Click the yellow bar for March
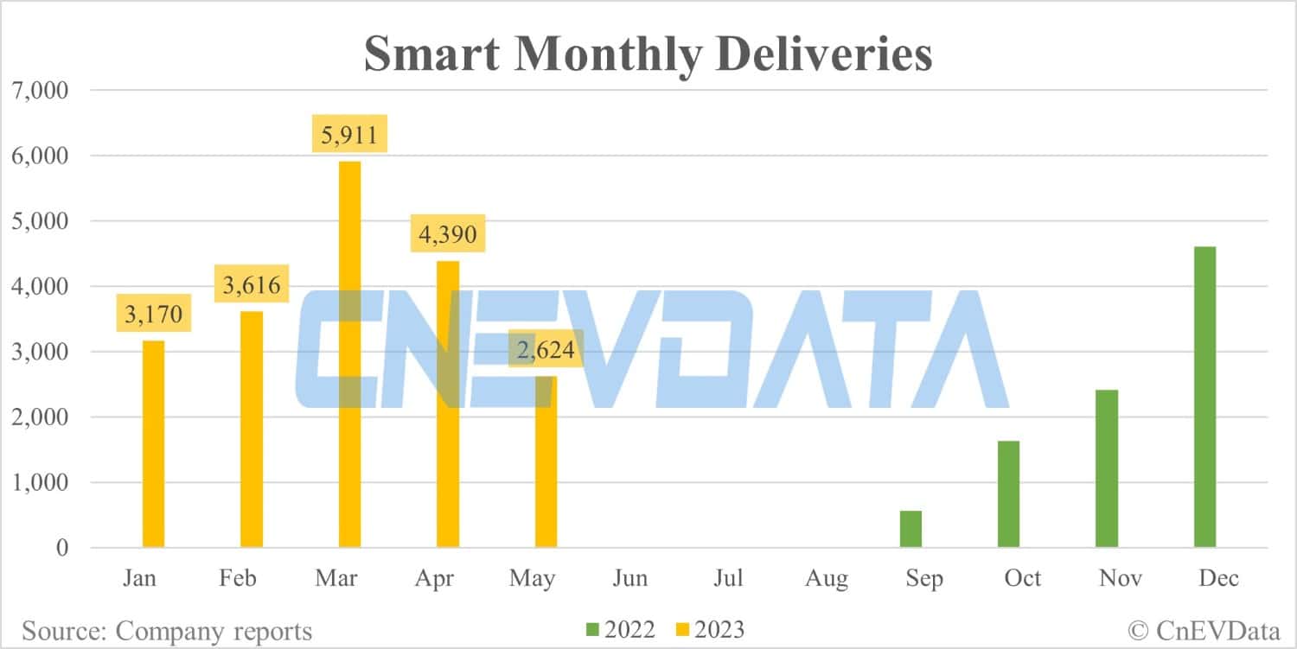click(349, 354)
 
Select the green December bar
click(1204, 398)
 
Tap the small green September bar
click(910, 529)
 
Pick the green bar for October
click(1008, 494)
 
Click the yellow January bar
click(153, 444)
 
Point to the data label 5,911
click(350, 135)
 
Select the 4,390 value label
click(448, 234)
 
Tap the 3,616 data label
click(252, 285)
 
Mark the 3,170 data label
click(154, 315)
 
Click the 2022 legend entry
click(622, 630)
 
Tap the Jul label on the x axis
click(728, 578)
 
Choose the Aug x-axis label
click(826, 578)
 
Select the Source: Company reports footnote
click(167, 631)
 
